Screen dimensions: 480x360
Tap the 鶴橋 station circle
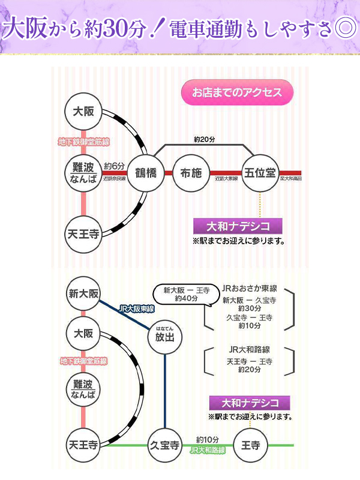tap(145, 173)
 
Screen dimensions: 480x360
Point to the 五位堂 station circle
tap(260, 173)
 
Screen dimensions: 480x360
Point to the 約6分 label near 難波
tap(114, 166)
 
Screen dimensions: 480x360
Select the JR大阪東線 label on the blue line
tap(137, 308)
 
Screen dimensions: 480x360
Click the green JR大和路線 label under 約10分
tap(208, 450)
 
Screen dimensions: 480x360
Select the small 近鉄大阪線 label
tap(226, 178)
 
